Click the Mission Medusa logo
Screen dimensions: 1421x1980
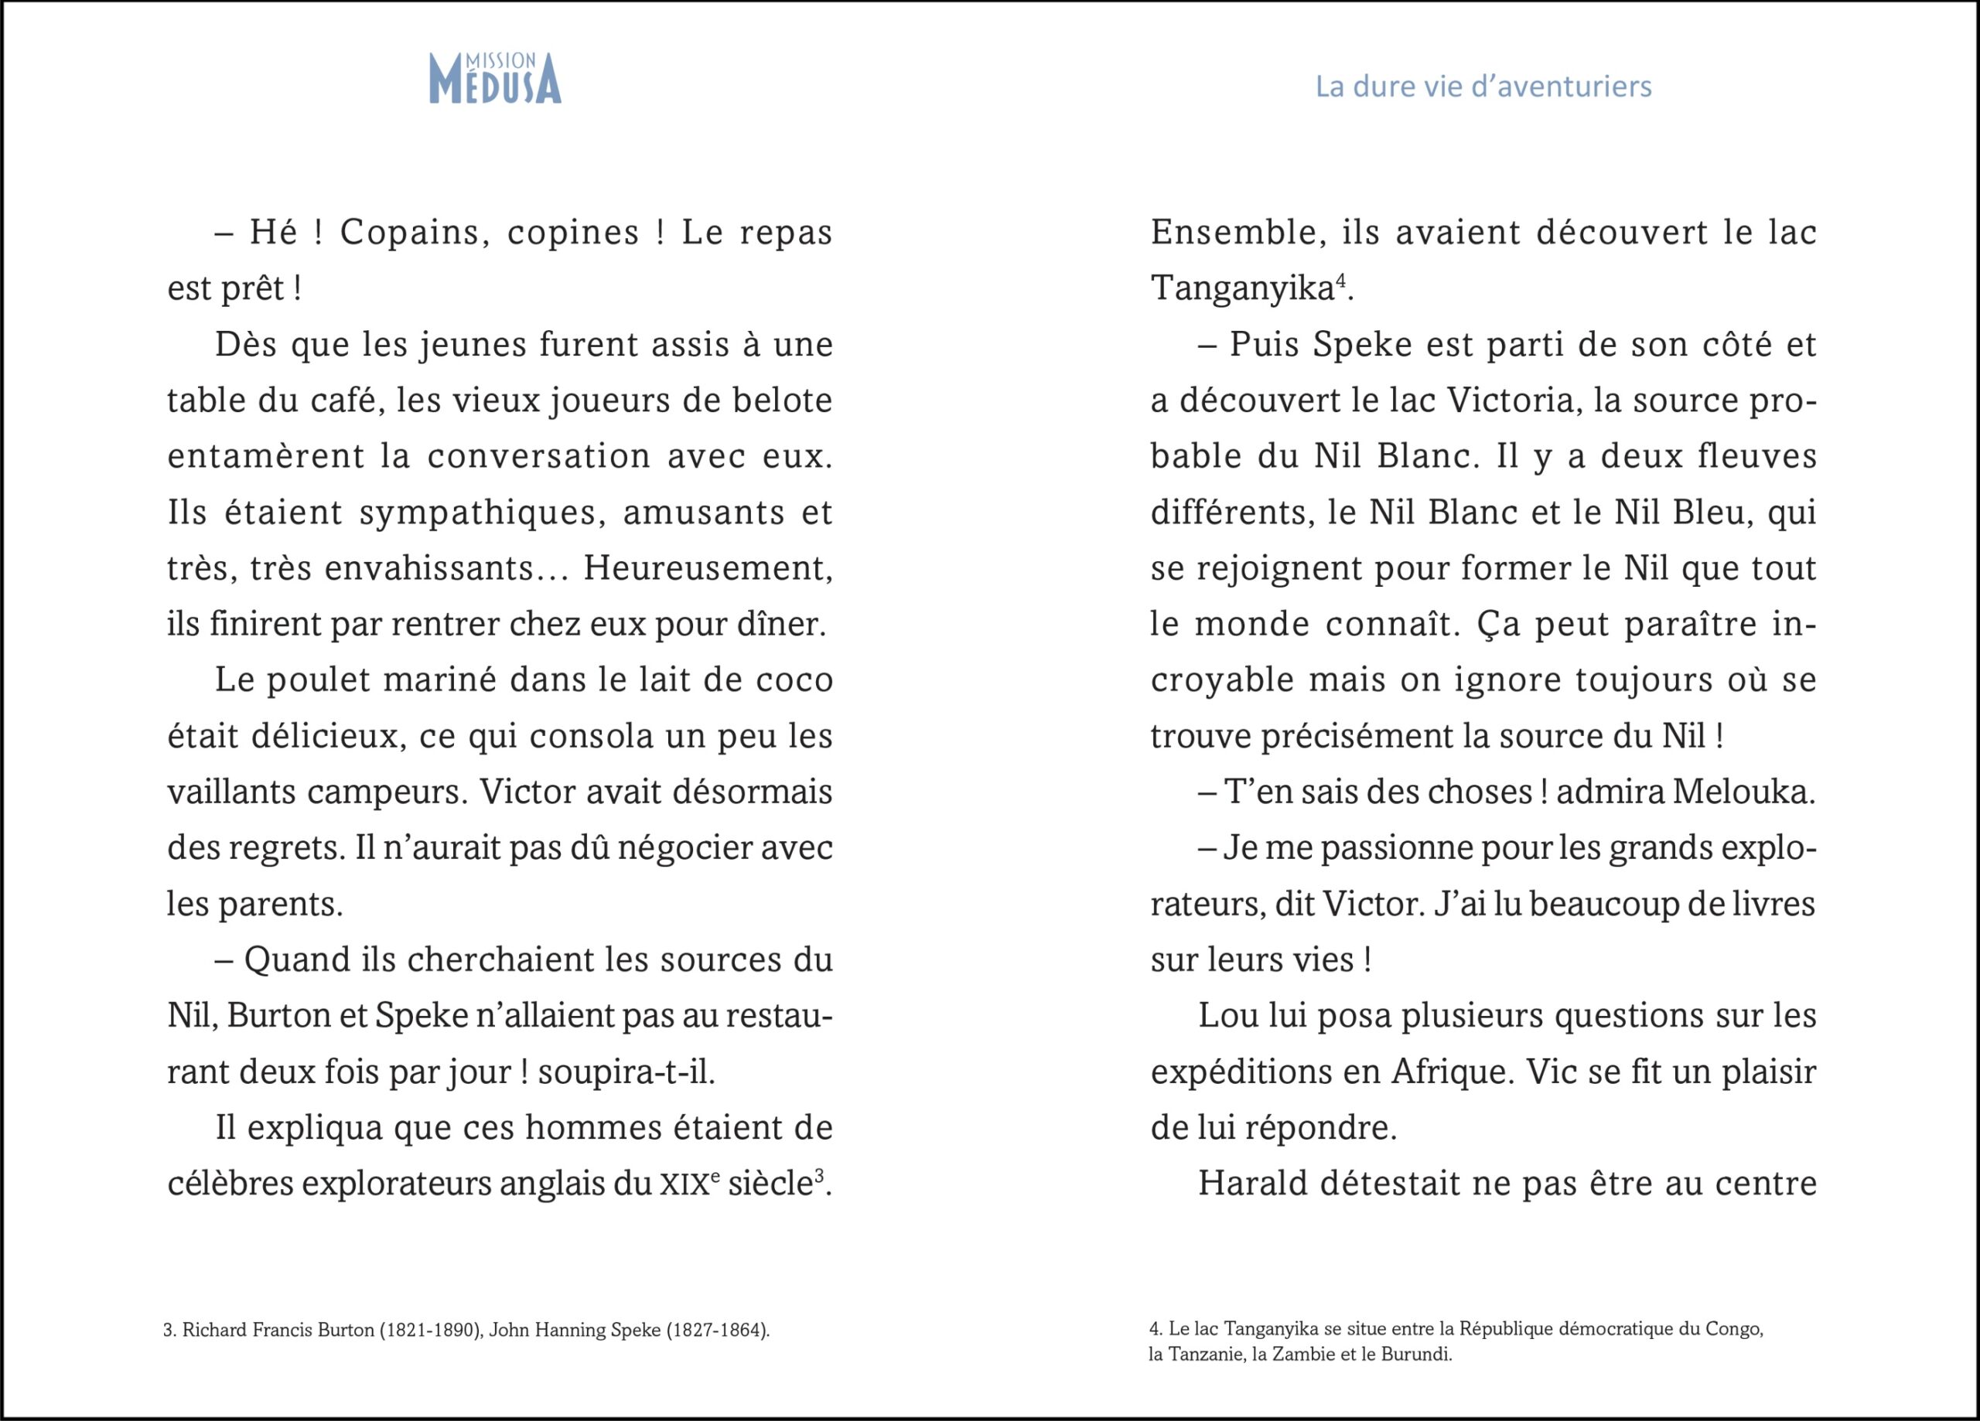point(495,79)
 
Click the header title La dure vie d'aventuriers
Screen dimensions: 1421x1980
point(1483,87)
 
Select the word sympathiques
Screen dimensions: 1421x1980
point(483,513)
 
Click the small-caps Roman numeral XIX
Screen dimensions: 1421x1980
point(683,1185)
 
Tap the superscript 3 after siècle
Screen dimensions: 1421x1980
point(819,1177)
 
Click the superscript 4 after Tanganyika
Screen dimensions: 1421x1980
point(1341,281)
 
